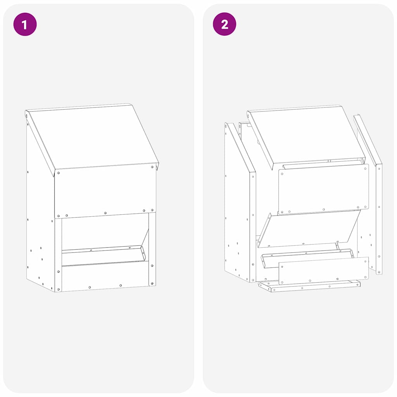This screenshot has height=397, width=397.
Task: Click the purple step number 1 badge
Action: point(25,24)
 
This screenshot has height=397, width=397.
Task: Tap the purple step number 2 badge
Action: point(224,24)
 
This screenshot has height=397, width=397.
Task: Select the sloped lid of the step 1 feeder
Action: point(93,136)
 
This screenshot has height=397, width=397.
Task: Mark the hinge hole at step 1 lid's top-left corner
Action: point(27,115)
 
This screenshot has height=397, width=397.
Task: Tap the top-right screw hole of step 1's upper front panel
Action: point(152,167)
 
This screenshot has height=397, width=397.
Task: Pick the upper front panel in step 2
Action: point(324,189)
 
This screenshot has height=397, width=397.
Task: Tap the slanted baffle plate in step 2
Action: point(308,229)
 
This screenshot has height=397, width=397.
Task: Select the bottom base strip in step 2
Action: point(310,287)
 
